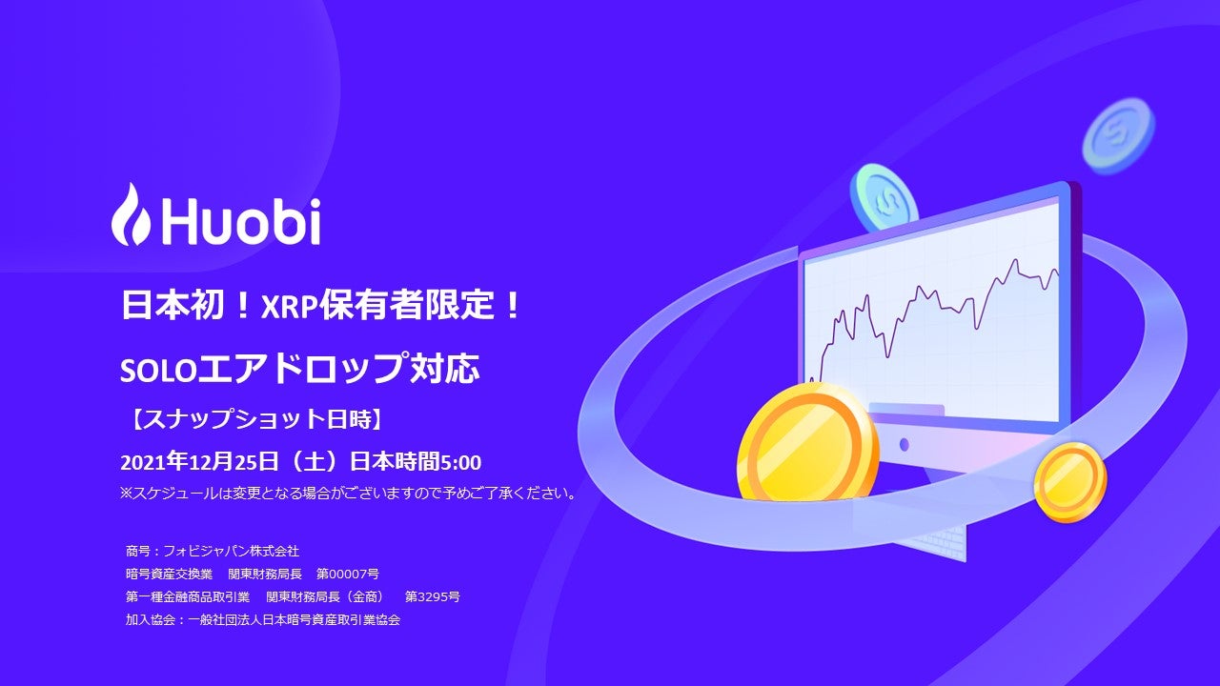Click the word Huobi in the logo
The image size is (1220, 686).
[240, 221]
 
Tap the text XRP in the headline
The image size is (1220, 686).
[289, 306]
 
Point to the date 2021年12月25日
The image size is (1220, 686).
[199, 462]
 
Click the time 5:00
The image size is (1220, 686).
[460, 462]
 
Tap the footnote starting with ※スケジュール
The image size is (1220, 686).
[348, 493]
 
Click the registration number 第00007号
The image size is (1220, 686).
[348, 574]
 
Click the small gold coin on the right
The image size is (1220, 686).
[1069, 482]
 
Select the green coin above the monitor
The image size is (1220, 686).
[883, 197]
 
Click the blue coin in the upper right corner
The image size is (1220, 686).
[1117, 136]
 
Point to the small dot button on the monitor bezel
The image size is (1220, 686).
[904, 445]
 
